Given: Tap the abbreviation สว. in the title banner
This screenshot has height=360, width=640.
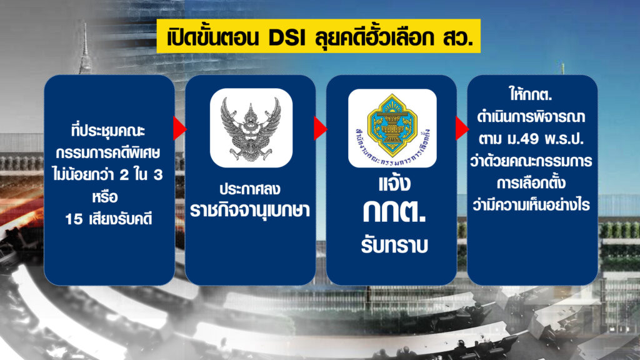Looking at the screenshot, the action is point(457,37).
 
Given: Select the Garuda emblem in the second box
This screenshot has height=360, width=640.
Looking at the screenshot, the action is point(251,128).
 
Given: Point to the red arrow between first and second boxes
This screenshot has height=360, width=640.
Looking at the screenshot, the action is point(179,129).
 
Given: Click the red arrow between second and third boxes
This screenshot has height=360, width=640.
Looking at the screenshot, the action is point(321,129).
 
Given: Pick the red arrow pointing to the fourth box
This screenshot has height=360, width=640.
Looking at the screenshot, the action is point(462,129).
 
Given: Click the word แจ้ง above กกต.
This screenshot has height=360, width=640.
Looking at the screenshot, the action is point(394,183).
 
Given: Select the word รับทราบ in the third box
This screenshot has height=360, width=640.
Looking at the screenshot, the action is point(394,245).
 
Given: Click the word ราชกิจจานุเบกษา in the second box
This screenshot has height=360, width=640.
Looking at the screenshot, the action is point(250,210).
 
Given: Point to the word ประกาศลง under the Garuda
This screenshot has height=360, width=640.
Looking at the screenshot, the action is point(250,189).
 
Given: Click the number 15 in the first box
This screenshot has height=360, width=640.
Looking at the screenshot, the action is point(74,219).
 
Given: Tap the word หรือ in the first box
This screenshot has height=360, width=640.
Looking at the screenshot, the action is point(105,197).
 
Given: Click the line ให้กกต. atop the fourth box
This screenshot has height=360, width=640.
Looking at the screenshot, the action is point(531,94).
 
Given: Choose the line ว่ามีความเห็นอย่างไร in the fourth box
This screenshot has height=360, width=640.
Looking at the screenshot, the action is point(531,204).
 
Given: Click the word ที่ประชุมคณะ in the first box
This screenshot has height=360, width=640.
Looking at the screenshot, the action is point(108,131).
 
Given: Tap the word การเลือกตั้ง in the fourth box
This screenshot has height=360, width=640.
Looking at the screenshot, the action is point(531,182).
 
